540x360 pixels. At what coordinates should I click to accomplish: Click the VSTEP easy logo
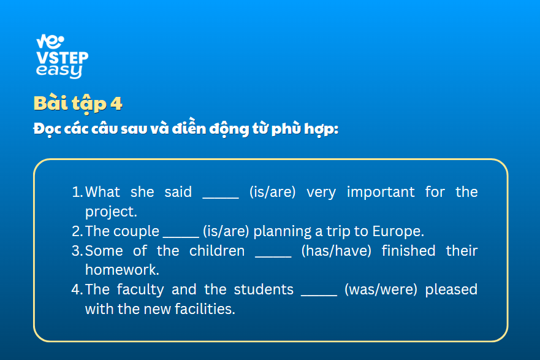(x=62, y=56)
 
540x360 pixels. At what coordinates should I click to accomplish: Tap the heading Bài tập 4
(x=78, y=103)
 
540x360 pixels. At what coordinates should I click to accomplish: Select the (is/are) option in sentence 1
(x=272, y=192)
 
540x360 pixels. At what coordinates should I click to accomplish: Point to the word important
(x=381, y=192)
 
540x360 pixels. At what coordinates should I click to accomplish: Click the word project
(x=111, y=212)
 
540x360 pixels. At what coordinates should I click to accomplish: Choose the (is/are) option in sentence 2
(x=226, y=231)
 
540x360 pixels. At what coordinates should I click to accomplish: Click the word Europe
(x=398, y=231)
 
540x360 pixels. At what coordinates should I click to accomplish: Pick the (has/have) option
(x=337, y=251)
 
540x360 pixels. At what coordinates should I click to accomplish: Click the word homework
(x=122, y=270)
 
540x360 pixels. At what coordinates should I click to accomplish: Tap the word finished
(x=408, y=251)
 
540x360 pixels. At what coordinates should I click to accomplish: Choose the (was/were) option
(x=381, y=289)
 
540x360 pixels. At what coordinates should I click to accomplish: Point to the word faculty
(x=140, y=289)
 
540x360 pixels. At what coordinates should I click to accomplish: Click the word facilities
(x=205, y=309)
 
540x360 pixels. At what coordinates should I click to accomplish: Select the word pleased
(x=451, y=289)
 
